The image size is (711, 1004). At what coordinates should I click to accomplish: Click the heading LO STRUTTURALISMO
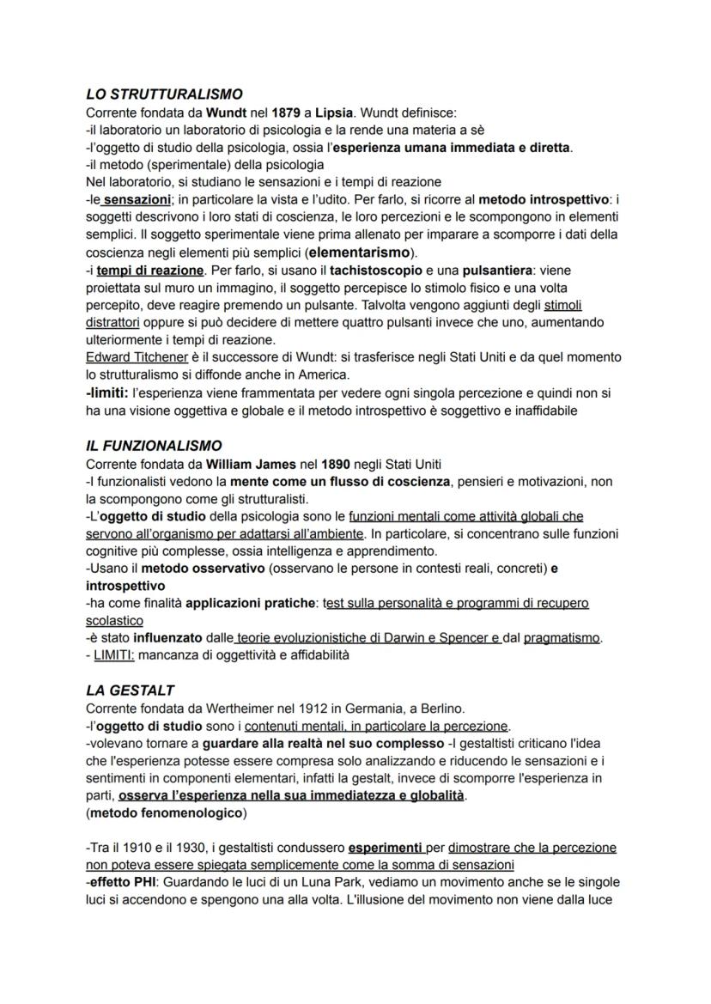click(x=165, y=94)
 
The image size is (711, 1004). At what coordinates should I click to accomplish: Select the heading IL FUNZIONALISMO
click(x=155, y=446)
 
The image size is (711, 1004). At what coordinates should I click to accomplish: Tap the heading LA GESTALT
click(x=130, y=691)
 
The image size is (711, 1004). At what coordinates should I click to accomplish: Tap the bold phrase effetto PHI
click(x=124, y=882)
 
